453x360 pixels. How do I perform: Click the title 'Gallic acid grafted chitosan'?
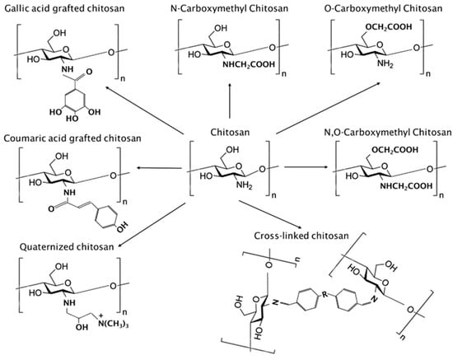62,7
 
